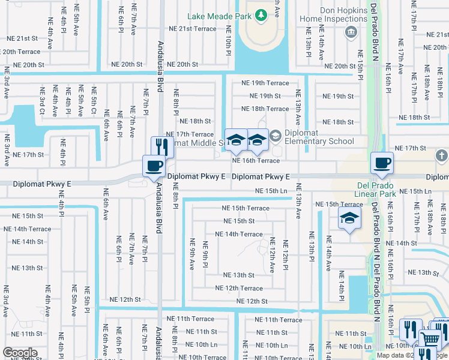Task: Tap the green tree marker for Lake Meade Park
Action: pyautogui.click(x=261, y=15)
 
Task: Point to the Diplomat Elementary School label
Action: pyautogui.click(x=320, y=137)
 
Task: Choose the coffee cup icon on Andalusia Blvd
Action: pyautogui.click(x=154, y=166)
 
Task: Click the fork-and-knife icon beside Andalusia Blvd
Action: pyautogui.click(x=161, y=146)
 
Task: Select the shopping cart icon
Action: pyautogui.click(x=429, y=339)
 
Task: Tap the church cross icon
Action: pyautogui.click(x=441, y=157)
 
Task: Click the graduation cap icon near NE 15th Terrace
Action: pyautogui.click(x=349, y=219)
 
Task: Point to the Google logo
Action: pyautogui.click(x=20, y=353)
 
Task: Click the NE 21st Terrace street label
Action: pyautogui.click(x=192, y=29)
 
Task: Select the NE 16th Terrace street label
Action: pyautogui.click(x=256, y=161)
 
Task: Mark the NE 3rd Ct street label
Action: pyautogui.click(x=42, y=101)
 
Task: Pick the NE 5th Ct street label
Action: pyautogui.click(x=94, y=101)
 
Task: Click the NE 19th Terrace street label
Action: pyautogui.click(x=265, y=83)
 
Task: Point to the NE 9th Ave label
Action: pyautogui.click(x=193, y=253)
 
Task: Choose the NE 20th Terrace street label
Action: pyautogui.click(x=20, y=52)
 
